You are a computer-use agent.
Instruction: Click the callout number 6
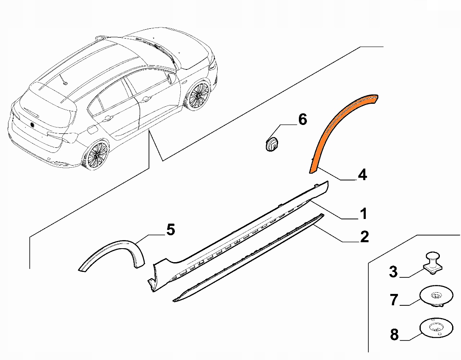pyautogui.click(x=302, y=119)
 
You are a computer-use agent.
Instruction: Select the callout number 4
pyautogui.click(x=362, y=174)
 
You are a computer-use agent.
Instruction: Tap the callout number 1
pyautogui.click(x=364, y=213)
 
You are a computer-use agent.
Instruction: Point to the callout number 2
pyautogui.click(x=364, y=236)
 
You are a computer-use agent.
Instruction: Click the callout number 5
pyautogui.click(x=171, y=230)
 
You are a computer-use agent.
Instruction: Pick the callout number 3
pyautogui.click(x=393, y=271)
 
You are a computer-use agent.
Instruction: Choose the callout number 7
pyautogui.click(x=394, y=300)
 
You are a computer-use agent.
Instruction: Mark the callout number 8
pyautogui.click(x=394, y=335)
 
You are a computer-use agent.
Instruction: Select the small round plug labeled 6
pyautogui.click(x=272, y=144)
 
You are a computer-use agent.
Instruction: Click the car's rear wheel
pyautogui.click(x=96, y=155)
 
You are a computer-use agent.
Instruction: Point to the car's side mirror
pyautogui.click(x=171, y=78)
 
